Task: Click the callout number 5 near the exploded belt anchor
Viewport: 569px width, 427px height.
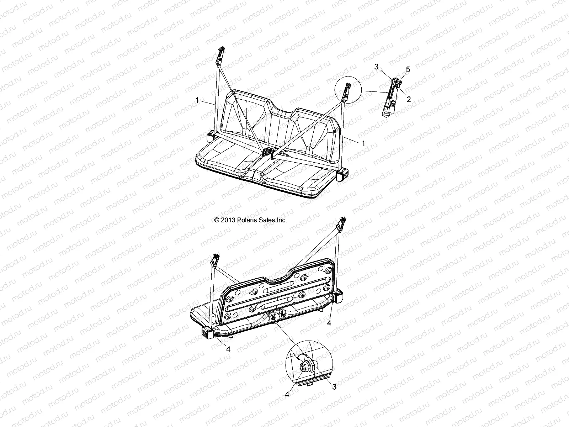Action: (408, 70)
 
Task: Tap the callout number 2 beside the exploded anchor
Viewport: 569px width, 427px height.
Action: (409, 100)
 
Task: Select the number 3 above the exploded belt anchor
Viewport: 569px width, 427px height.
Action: (385, 67)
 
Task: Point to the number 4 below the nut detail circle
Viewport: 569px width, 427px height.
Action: (287, 394)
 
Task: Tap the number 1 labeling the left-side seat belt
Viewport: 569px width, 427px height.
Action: (197, 101)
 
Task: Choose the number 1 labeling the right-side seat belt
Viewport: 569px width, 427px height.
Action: (363, 143)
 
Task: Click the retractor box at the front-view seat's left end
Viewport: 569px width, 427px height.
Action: (211, 136)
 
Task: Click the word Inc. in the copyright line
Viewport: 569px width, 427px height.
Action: (281, 220)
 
